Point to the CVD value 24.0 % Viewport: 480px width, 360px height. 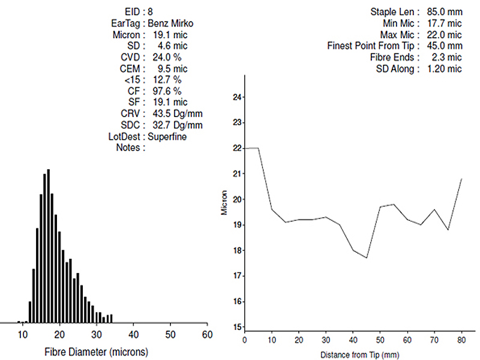[x=165, y=57]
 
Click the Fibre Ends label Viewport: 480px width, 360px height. [x=391, y=58]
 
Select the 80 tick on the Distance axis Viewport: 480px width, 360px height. [x=461, y=340]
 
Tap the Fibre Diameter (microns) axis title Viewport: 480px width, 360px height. [x=97, y=351]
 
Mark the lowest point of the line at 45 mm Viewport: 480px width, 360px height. [x=366, y=258]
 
